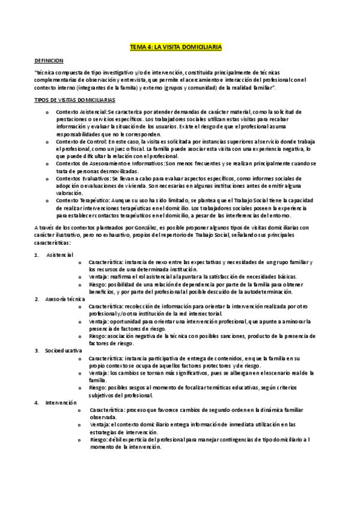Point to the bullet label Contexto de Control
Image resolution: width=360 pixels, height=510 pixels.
[80, 141]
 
